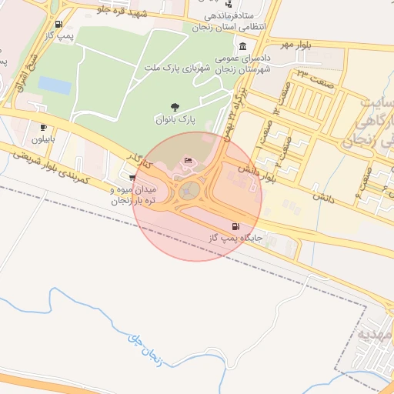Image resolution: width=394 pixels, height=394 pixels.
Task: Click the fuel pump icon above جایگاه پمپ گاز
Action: (235, 226)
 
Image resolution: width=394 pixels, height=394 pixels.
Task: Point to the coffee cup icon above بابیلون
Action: (43, 127)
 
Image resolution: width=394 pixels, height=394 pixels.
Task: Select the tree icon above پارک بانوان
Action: (176, 108)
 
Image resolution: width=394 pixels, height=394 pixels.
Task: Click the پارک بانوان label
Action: (176, 121)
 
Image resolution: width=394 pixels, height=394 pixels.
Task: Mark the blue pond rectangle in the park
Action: (54, 84)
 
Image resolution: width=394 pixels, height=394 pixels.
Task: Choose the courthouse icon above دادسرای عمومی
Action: (243, 46)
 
